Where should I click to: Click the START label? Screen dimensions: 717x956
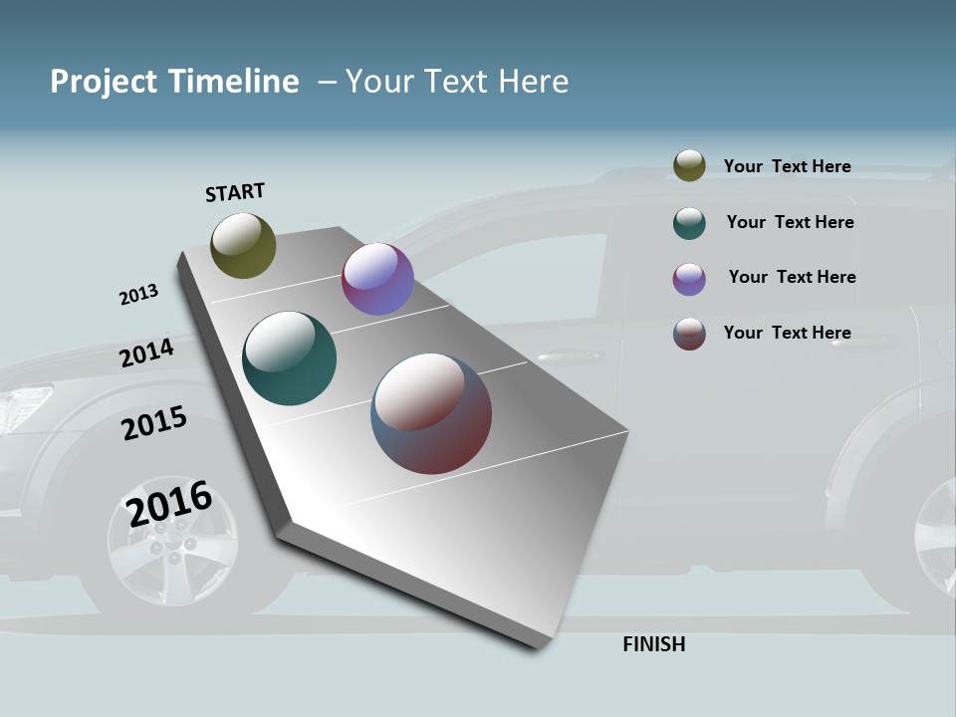coord(235,192)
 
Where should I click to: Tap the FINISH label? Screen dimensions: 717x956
coord(654,644)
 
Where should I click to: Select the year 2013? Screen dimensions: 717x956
coord(138,295)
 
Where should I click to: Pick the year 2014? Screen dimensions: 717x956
coord(146,353)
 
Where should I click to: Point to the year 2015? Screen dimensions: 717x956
coord(153,423)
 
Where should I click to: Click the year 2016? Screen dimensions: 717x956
coord(169,503)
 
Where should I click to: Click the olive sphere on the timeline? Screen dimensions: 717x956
coord(243,245)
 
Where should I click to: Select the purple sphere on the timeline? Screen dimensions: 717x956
coord(377,279)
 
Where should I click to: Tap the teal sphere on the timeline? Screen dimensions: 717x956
coord(289,358)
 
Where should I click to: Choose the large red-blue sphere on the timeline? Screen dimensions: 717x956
coord(431,413)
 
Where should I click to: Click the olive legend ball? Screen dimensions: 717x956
coord(689,166)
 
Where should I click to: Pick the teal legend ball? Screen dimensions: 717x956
coord(689,223)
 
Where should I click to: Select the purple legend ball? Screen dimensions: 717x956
coord(689,279)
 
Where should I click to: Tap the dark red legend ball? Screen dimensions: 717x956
coord(689,334)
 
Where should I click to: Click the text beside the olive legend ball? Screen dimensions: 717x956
coord(787,166)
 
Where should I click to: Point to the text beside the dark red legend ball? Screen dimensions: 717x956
coord(787,333)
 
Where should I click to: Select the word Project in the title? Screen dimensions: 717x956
coord(103,82)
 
